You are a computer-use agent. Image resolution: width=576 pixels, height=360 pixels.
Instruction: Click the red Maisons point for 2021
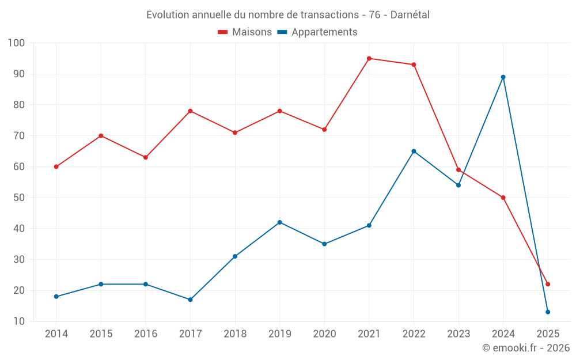click(369, 58)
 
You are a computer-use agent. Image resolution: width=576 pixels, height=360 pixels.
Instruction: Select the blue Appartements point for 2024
click(503, 77)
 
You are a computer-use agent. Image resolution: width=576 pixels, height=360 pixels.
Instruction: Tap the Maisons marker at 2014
click(56, 166)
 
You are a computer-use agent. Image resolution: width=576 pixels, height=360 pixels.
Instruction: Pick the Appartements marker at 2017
click(190, 300)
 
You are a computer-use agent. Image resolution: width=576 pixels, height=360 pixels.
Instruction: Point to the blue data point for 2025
click(548, 312)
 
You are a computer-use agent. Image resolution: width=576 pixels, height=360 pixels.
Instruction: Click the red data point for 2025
click(548, 284)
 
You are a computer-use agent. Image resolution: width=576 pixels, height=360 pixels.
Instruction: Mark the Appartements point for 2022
click(414, 151)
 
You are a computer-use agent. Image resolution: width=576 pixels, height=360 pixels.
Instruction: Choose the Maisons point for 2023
click(458, 170)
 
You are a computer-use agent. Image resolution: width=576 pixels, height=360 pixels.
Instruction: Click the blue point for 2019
click(280, 222)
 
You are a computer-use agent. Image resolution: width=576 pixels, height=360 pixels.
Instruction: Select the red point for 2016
click(146, 157)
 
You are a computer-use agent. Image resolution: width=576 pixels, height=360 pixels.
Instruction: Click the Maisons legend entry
click(245, 32)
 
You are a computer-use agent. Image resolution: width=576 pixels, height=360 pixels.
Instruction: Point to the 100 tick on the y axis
click(17, 43)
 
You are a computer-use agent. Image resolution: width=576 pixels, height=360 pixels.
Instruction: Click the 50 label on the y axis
click(19, 198)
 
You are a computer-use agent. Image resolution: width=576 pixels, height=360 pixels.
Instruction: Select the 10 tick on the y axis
click(19, 321)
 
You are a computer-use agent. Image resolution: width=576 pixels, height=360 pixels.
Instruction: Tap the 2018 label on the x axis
click(235, 334)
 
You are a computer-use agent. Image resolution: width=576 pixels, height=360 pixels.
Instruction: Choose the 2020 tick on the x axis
click(324, 334)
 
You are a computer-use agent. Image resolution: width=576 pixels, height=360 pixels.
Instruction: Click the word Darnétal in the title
click(410, 15)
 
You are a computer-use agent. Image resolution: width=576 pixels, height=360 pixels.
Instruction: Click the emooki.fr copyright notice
click(525, 348)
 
